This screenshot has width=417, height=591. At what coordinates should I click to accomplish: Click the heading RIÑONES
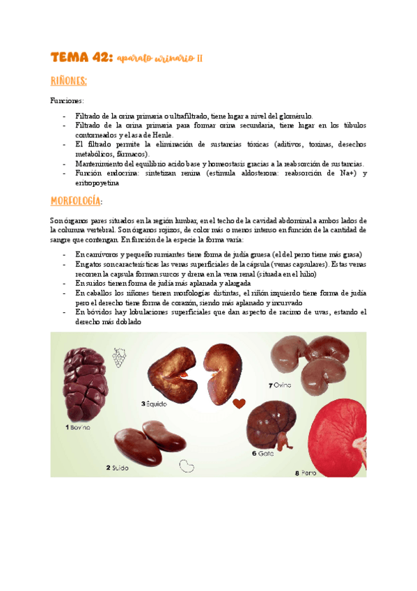point(68,82)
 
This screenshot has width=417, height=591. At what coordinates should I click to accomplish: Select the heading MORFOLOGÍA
point(75,201)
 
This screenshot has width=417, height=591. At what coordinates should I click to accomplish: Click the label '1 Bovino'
point(78,427)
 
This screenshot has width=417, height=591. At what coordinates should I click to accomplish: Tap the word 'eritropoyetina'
point(96,183)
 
